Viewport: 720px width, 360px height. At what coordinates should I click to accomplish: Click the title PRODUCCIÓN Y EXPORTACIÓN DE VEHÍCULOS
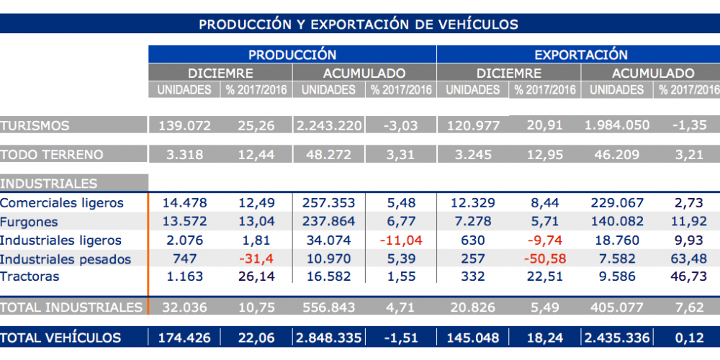(x=359, y=24)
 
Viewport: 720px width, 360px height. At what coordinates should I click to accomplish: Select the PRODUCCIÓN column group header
(x=292, y=55)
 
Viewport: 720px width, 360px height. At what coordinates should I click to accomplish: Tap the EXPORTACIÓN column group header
(x=580, y=55)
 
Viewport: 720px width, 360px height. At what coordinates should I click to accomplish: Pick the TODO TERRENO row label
(x=52, y=154)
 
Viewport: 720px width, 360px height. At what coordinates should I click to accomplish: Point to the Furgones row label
(x=30, y=222)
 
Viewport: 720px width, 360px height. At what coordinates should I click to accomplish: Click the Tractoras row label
(x=30, y=276)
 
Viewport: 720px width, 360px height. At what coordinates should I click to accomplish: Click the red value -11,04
(x=400, y=240)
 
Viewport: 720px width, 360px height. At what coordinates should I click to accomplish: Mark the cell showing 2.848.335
(x=328, y=338)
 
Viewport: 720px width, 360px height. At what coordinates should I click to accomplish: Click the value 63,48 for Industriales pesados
(x=688, y=258)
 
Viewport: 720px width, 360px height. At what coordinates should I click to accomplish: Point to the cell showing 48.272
(x=328, y=154)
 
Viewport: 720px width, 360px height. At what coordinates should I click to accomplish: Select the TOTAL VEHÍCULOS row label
(x=60, y=338)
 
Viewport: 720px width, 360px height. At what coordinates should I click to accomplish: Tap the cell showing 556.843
(x=328, y=307)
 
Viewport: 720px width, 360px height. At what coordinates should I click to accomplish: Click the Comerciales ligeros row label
(x=62, y=204)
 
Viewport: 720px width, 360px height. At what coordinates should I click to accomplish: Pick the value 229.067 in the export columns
(x=616, y=204)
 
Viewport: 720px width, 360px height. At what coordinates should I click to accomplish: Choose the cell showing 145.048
(x=472, y=338)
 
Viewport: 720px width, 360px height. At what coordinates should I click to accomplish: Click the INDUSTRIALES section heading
(x=49, y=184)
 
